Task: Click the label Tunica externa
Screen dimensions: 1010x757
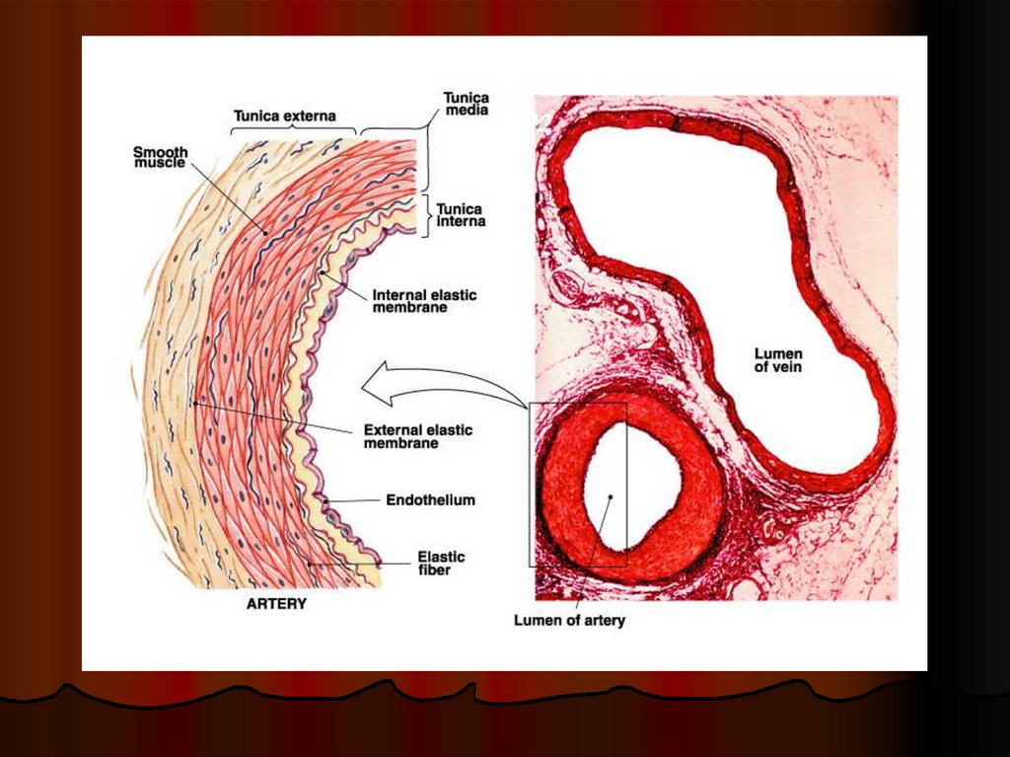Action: [x=283, y=115]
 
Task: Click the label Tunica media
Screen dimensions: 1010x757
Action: [x=467, y=104]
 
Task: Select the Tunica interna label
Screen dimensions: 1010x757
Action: [x=460, y=215]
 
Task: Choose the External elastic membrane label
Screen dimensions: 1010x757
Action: [x=417, y=436]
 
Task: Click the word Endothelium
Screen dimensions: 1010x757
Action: [x=431, y=500]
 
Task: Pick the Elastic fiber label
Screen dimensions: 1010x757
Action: [x=441, y=563]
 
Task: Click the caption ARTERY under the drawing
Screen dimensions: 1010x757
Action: [x=275, y=604]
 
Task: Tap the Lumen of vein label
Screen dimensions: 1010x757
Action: [x=778, y=360]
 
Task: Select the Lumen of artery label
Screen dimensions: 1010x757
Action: [x=569, y=621]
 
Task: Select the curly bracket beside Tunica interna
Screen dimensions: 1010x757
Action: [x=426, y=215]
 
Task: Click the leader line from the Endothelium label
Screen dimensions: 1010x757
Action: [x=360, y=501]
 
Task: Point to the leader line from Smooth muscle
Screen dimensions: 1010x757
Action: [x=227, y=196]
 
